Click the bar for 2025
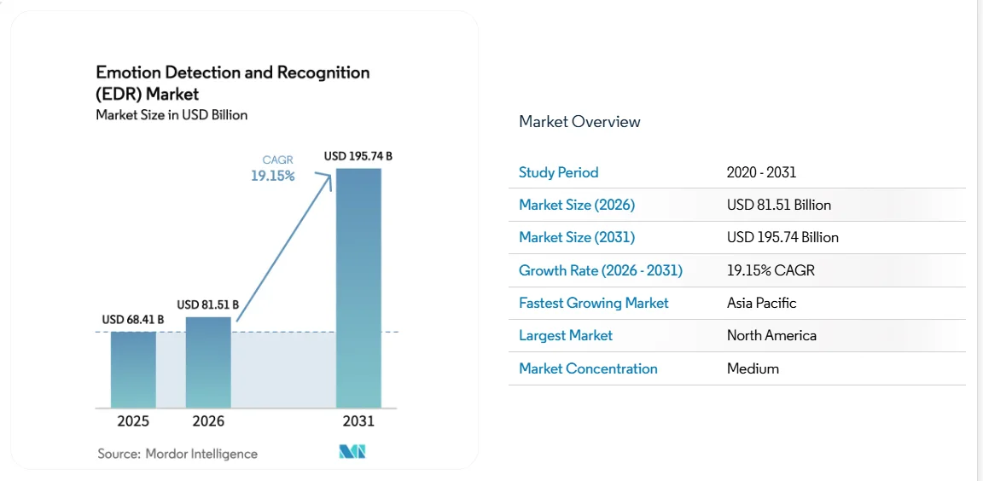(133, 369)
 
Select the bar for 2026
(208, 362)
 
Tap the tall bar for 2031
(358, 287)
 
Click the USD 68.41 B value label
(133, 320)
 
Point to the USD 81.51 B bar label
(207, 304)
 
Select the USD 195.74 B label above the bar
(358, 156)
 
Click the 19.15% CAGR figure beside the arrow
(272, 176)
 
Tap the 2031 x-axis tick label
(358, 421)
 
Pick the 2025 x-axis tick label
(133, 421)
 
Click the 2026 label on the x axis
(208, 421)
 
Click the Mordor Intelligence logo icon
(352, 452)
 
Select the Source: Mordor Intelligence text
(177, 454)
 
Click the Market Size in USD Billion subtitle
(172, 115)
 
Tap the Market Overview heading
(579, 122)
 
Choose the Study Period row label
(559, 172)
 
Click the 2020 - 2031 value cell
(761, 172)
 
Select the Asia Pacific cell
(761, 303)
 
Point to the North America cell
(771, 335)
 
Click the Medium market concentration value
(753, 368)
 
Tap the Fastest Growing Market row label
(594, 303)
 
